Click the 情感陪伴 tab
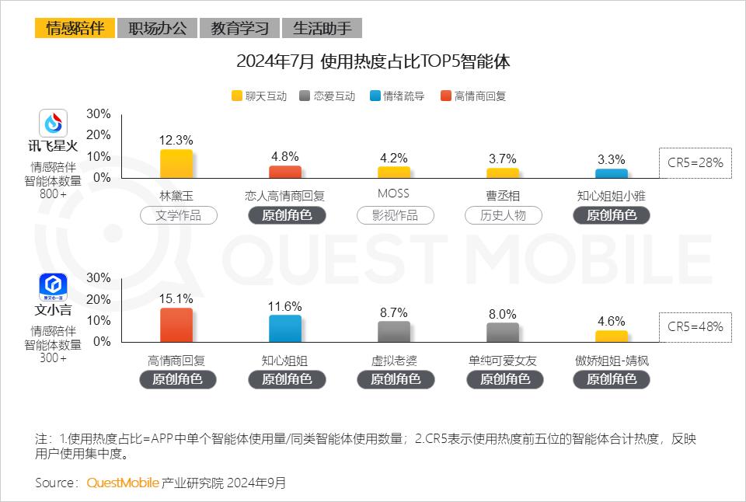75,29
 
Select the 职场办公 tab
157,29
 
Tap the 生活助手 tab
322,29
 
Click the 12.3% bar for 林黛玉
176,163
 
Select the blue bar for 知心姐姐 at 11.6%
284,328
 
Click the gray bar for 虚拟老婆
393,331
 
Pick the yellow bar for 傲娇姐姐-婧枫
611,336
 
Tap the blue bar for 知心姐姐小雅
611,173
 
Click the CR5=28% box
695,162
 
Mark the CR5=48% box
695,326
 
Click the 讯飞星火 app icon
54,123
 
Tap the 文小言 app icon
54,288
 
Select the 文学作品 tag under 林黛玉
179,215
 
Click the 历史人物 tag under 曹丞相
503,215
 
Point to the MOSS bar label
392,193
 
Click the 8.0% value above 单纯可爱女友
502,314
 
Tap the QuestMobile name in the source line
123,483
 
